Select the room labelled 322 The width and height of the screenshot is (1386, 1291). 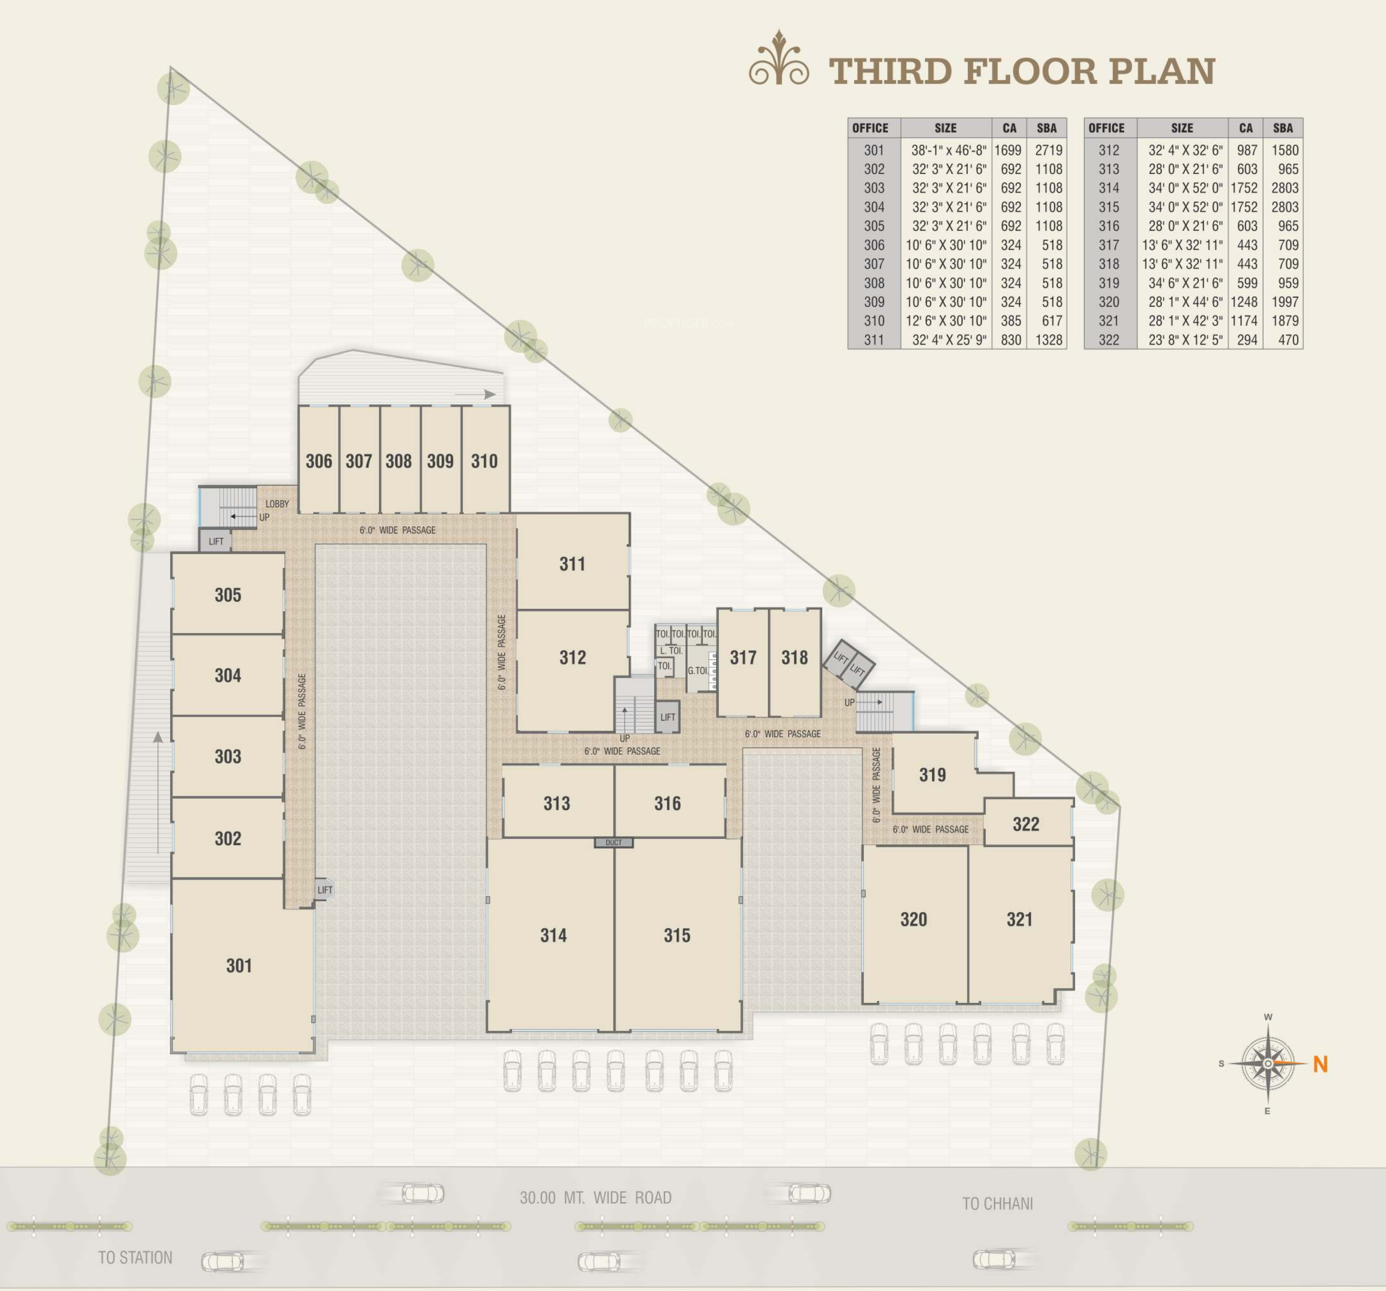(1025, 824)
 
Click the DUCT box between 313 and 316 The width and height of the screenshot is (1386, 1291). (613, 843)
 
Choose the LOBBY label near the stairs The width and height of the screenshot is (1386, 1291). (277, 504)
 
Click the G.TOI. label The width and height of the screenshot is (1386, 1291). (698, 670)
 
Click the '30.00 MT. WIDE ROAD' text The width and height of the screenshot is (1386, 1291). (596, 1198)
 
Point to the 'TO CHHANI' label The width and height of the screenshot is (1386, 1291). (998, 1203)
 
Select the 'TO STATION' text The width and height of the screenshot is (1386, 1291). (135, 1257)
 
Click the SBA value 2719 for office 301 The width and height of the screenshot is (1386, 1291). (1048, 150)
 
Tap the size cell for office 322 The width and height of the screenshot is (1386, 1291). (1185, 340)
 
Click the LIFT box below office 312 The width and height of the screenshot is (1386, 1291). (667, 717)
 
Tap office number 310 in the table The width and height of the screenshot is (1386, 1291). (873, 321)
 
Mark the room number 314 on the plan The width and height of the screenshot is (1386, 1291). (553, 935)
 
